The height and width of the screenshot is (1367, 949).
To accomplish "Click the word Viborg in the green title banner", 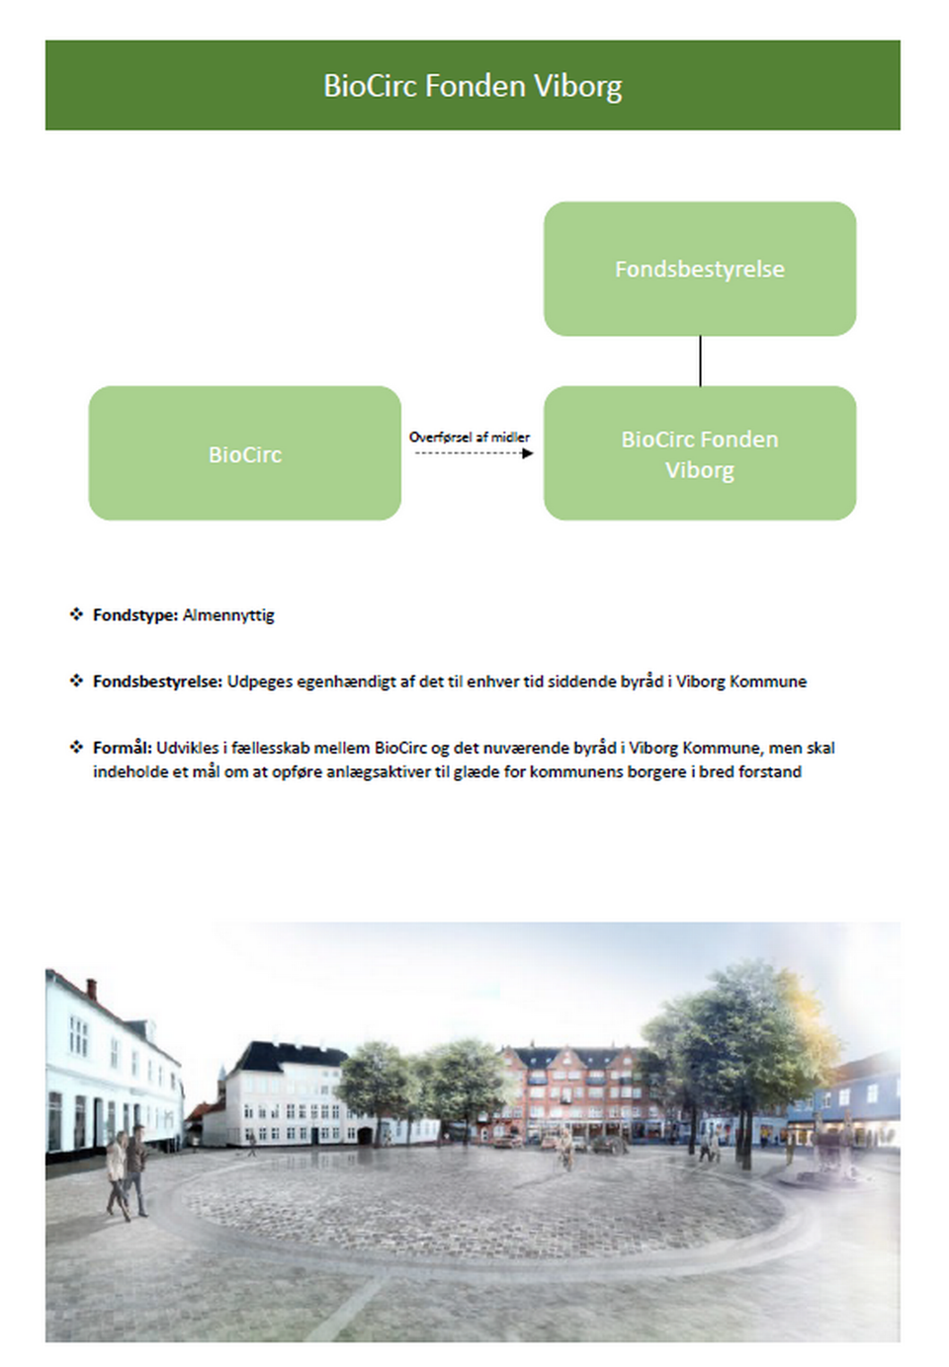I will pyautogui.click(x=577, y=86).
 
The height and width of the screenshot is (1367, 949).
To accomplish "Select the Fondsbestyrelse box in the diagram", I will pyautogui.click(x=699, y=269).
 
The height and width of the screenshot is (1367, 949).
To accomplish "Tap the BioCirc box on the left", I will pyautogui.click(x=244, y=453).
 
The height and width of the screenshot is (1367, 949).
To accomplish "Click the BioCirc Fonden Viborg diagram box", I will pyautogui.click(x=699, y=453).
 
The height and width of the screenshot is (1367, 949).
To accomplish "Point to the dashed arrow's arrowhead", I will pyautogui.click(x=528, y=453).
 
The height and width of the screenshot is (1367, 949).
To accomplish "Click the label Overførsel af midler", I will pyautogui.click(x=470, y=437).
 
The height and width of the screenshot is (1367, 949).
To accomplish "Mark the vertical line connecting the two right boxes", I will pyautogui.click(x=700, y=361).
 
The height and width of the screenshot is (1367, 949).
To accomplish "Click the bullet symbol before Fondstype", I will pyautogui.click(x=76, y=614).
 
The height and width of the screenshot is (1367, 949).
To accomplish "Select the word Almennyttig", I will pyautogui.click(x=228, y=615).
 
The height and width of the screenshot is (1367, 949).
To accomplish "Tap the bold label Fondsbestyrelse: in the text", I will pyautogui.click(x=157, y=682).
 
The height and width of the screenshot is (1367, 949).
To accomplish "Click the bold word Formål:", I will pyautogui.click(x=122, y=748).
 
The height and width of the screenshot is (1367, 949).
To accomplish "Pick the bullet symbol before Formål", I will pyautogui.click(x=76, y=747).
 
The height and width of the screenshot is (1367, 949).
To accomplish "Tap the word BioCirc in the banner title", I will pyautogui.click(x=371, y=86).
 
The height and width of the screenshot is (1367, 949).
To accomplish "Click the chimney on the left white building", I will pyautogui.click(x=91, y=988).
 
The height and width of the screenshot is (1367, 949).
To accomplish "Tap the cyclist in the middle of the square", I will pyautogui.click(x=565, y=1151).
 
